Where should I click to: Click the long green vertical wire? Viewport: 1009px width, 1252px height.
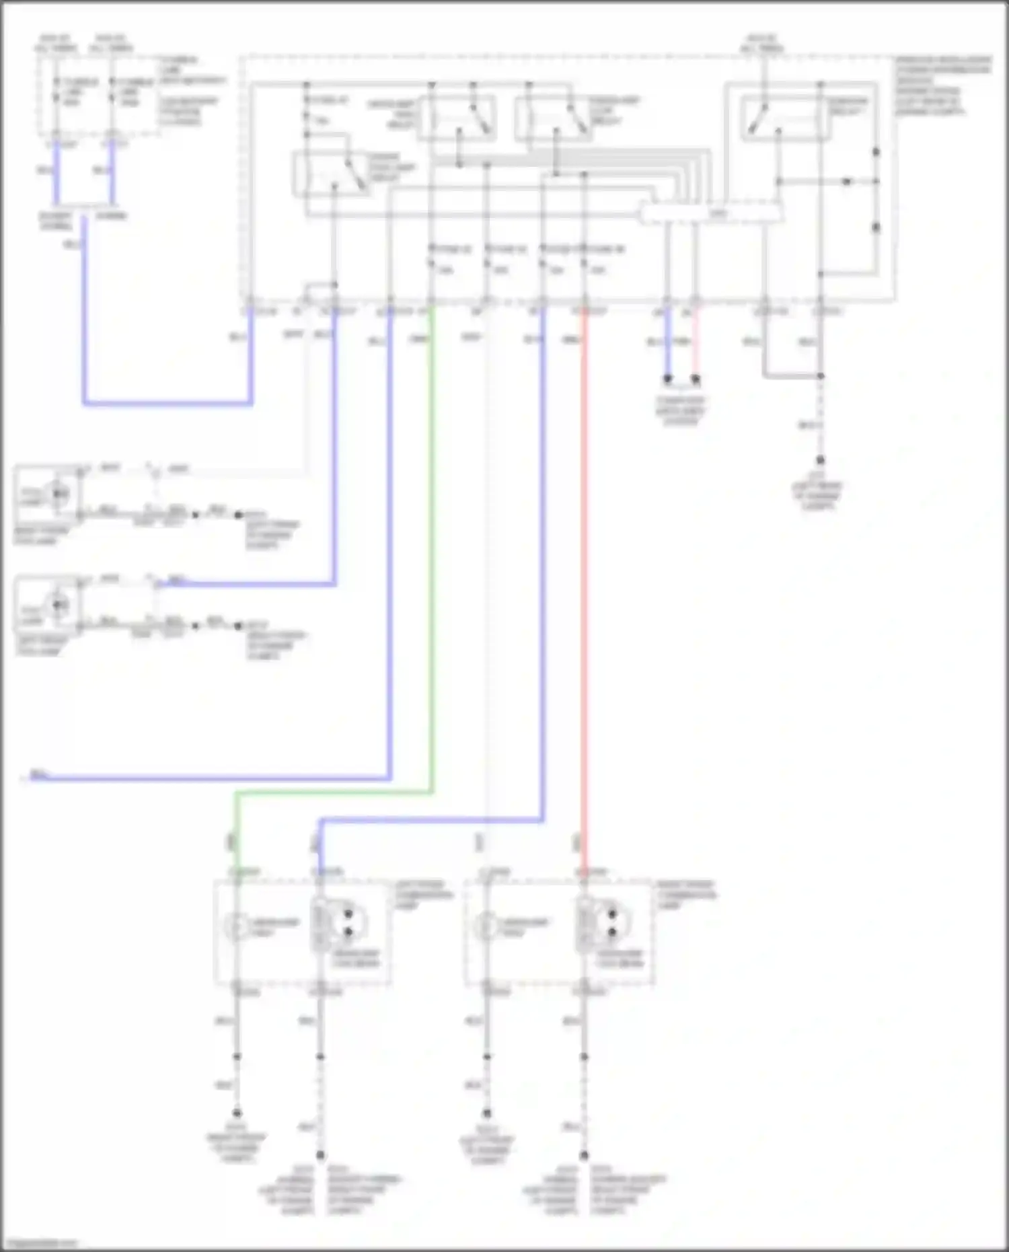(431, 538)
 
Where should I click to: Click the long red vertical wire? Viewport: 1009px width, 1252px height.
(584, 538)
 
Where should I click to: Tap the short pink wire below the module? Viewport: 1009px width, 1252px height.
(696, 343)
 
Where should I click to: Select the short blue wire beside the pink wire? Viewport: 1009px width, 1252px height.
(667, 343)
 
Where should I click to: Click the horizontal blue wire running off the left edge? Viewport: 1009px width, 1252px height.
(202, 779)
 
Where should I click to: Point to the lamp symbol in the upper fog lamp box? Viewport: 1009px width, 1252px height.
(61, 494)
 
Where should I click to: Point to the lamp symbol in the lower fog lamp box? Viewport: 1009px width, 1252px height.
(61, 605)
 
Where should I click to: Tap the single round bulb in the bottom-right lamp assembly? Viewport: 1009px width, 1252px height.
(486, 927)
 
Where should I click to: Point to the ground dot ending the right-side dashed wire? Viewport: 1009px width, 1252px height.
(820, 460)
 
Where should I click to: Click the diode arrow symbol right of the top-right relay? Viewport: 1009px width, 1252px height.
(848, 182)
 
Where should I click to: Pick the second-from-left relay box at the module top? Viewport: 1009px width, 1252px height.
(457, 118)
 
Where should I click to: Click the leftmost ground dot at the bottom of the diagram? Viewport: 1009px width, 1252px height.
(237, 1113)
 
